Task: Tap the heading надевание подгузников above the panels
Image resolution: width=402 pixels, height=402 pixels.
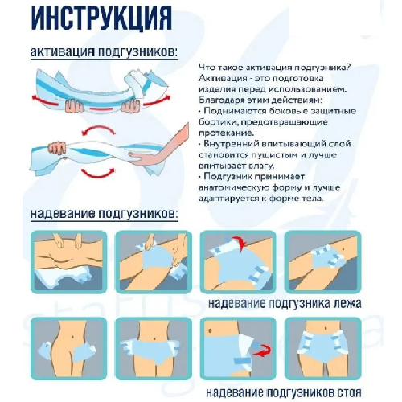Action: (104, 215)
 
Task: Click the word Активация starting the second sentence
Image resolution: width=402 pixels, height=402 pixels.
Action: (219, 81)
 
